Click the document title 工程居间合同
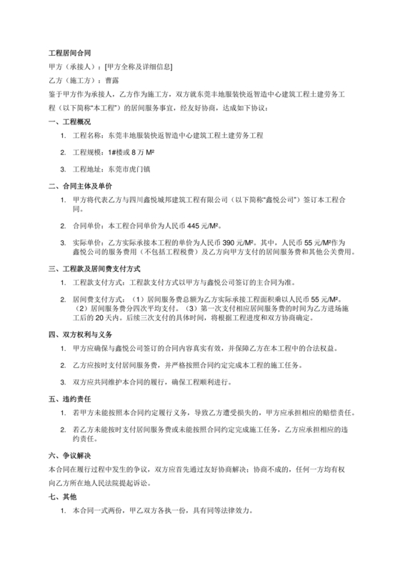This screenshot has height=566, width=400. (69, 53)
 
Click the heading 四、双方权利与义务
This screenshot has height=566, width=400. (79, 334)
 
